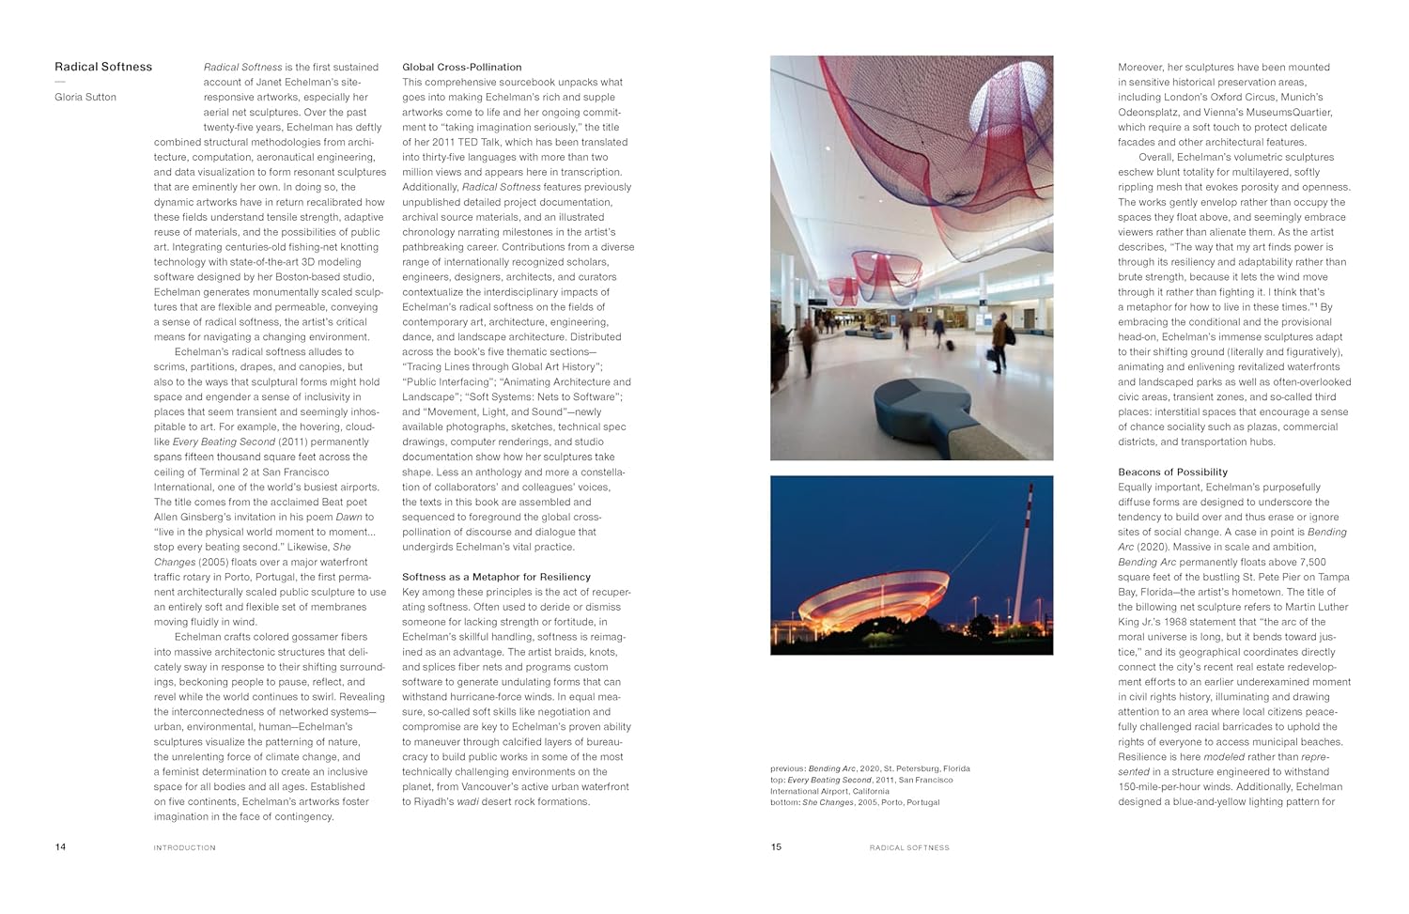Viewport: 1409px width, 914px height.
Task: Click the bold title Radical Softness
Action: (103, 67)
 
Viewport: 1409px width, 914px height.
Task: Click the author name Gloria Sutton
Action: (85, 97)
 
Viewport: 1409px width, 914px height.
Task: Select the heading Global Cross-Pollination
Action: (461, 67)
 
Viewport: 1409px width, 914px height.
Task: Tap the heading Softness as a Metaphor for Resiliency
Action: (496, 577)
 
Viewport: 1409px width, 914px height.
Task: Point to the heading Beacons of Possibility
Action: (1172, 472)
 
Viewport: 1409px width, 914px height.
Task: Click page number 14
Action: (60, 846)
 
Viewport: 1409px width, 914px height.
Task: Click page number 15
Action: (776, 846)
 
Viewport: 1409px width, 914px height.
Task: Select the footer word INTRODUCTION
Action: (184, 847)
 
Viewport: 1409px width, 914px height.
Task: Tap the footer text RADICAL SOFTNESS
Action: (909, 847)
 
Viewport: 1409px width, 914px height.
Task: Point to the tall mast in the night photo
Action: (1025, 554)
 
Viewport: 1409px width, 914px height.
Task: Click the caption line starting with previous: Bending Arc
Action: (870, 768)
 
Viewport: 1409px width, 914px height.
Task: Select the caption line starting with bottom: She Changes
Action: (854, 802)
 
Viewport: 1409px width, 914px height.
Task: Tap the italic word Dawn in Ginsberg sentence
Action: (348, 517)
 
